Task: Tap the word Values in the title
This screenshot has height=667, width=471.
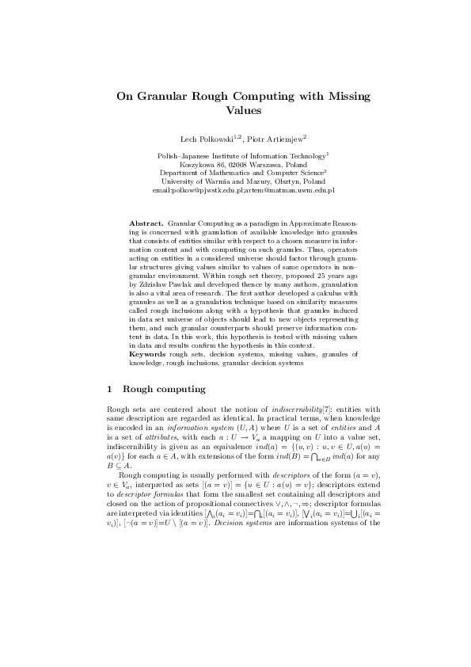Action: [235, 112]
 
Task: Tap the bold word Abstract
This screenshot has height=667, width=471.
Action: [146, 224]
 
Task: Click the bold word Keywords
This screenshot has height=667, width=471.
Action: [147, 355]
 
